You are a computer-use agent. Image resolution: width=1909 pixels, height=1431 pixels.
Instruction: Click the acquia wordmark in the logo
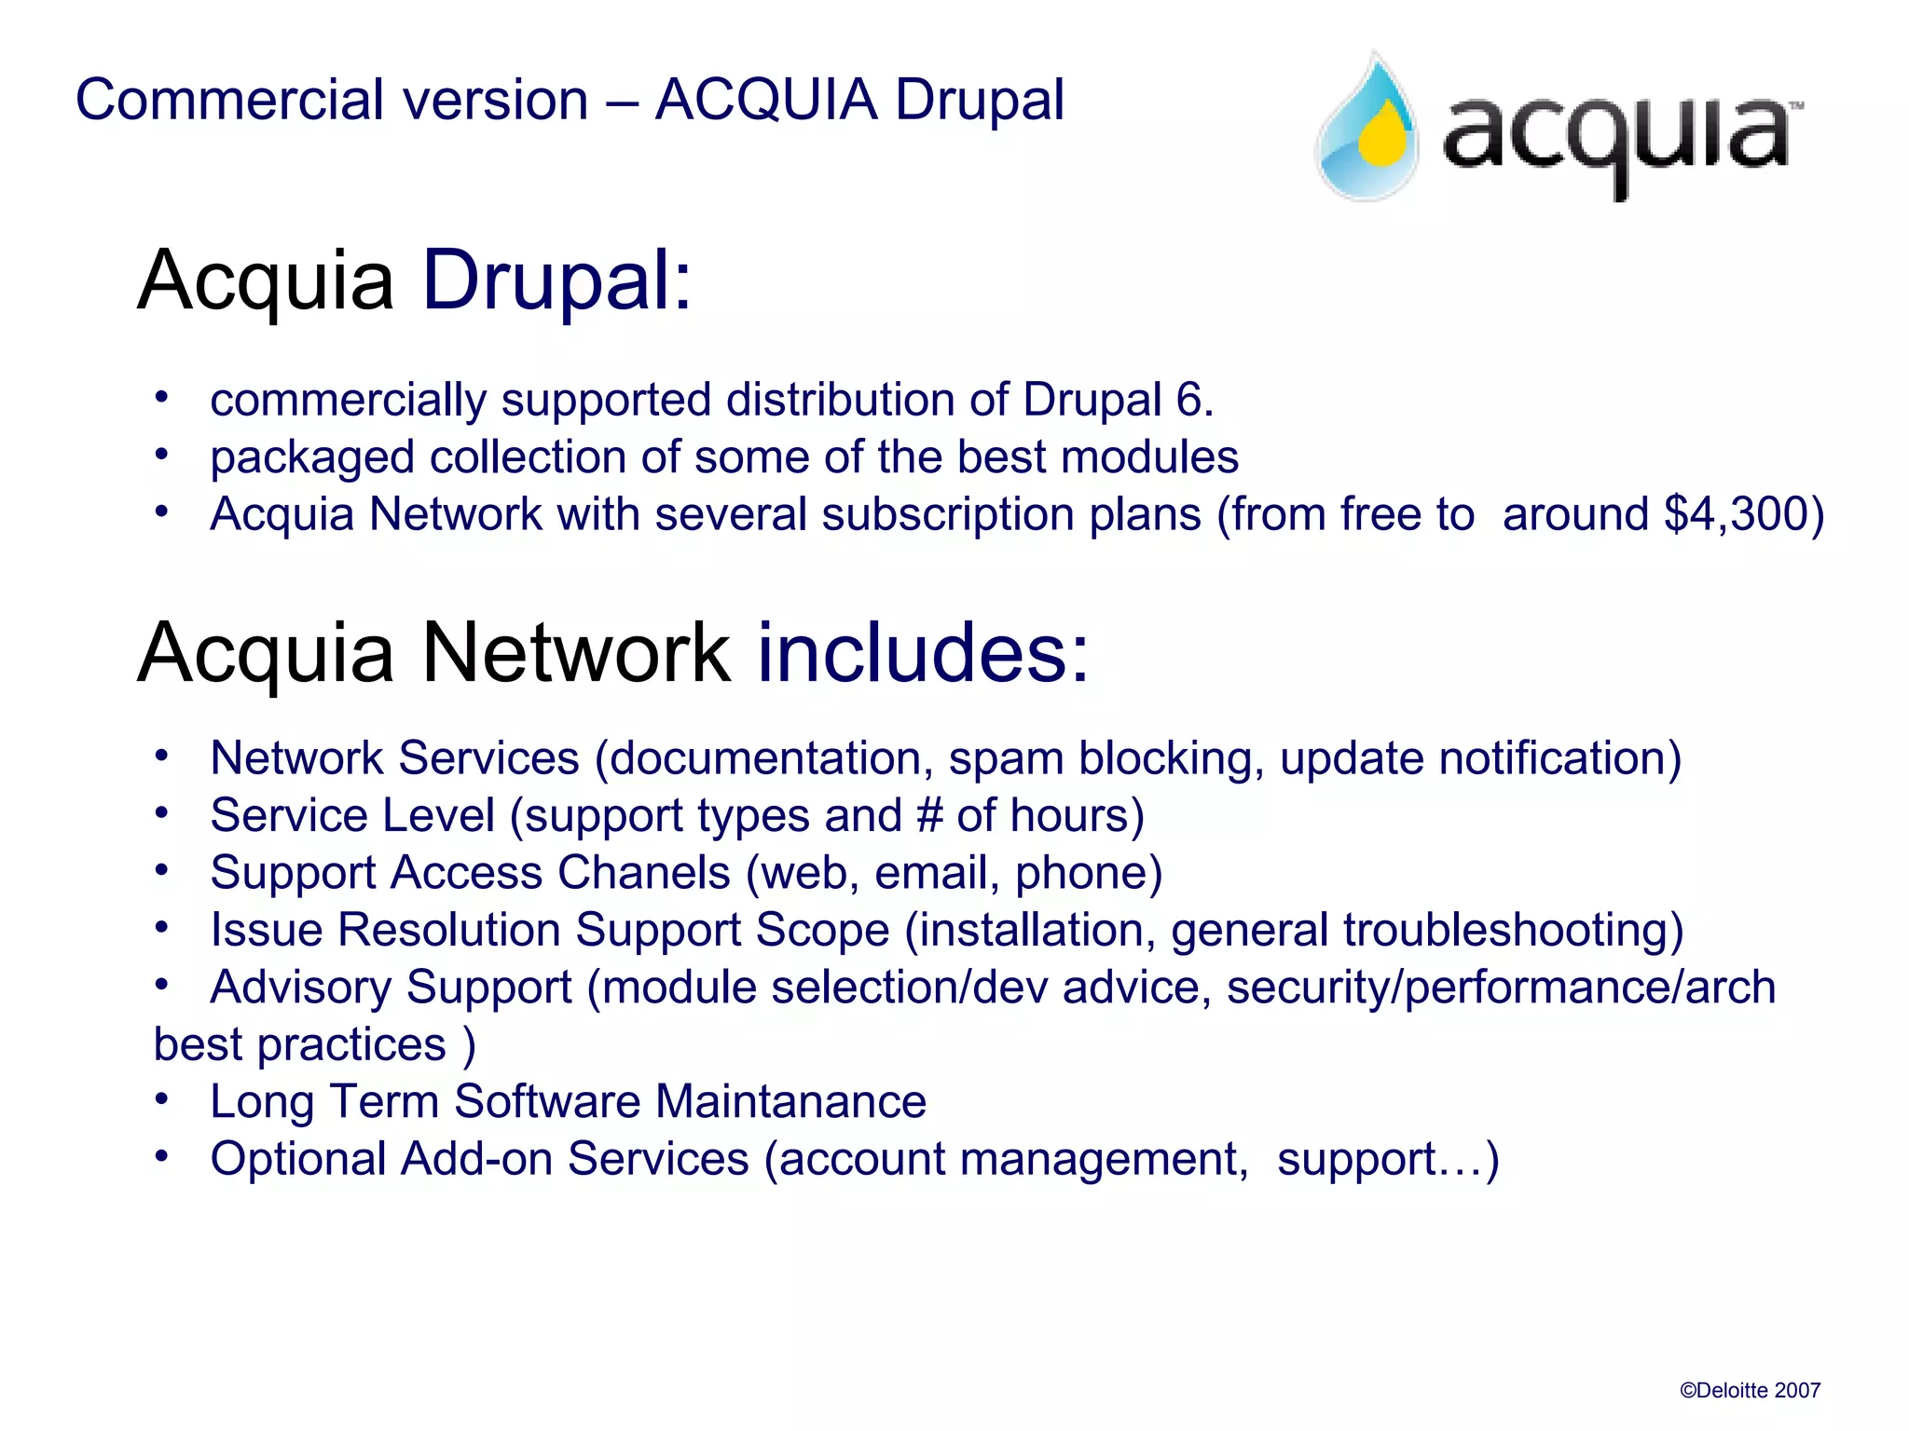tap(1616, 140)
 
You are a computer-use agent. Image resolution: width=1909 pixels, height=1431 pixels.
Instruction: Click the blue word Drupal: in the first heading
tap(557, 279)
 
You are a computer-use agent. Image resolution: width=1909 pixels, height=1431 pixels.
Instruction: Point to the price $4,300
tap(1732, 514)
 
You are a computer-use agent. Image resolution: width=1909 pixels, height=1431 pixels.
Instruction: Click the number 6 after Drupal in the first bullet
tap(1188, 400)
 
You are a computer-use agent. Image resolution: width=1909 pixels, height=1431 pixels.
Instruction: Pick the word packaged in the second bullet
tap(312, 458)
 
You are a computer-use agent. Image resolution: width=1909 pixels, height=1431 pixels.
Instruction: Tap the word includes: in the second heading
tap(923, 653)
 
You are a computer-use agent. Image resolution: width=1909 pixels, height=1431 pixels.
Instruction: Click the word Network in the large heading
tap(575, 653)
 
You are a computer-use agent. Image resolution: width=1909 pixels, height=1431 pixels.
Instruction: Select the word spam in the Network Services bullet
tap(1006, 759)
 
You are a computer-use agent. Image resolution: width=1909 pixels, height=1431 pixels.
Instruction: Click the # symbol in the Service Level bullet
tap(929, 815)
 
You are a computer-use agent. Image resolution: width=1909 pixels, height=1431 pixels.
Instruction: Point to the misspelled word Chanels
tap(643, 873)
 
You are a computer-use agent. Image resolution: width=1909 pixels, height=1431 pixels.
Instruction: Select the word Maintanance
tap(790, 1101)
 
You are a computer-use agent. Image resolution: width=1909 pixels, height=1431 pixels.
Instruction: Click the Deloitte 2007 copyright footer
tap(1750, 1391)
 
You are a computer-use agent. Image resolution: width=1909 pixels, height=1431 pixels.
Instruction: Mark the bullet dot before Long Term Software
tap(162, 1099)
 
